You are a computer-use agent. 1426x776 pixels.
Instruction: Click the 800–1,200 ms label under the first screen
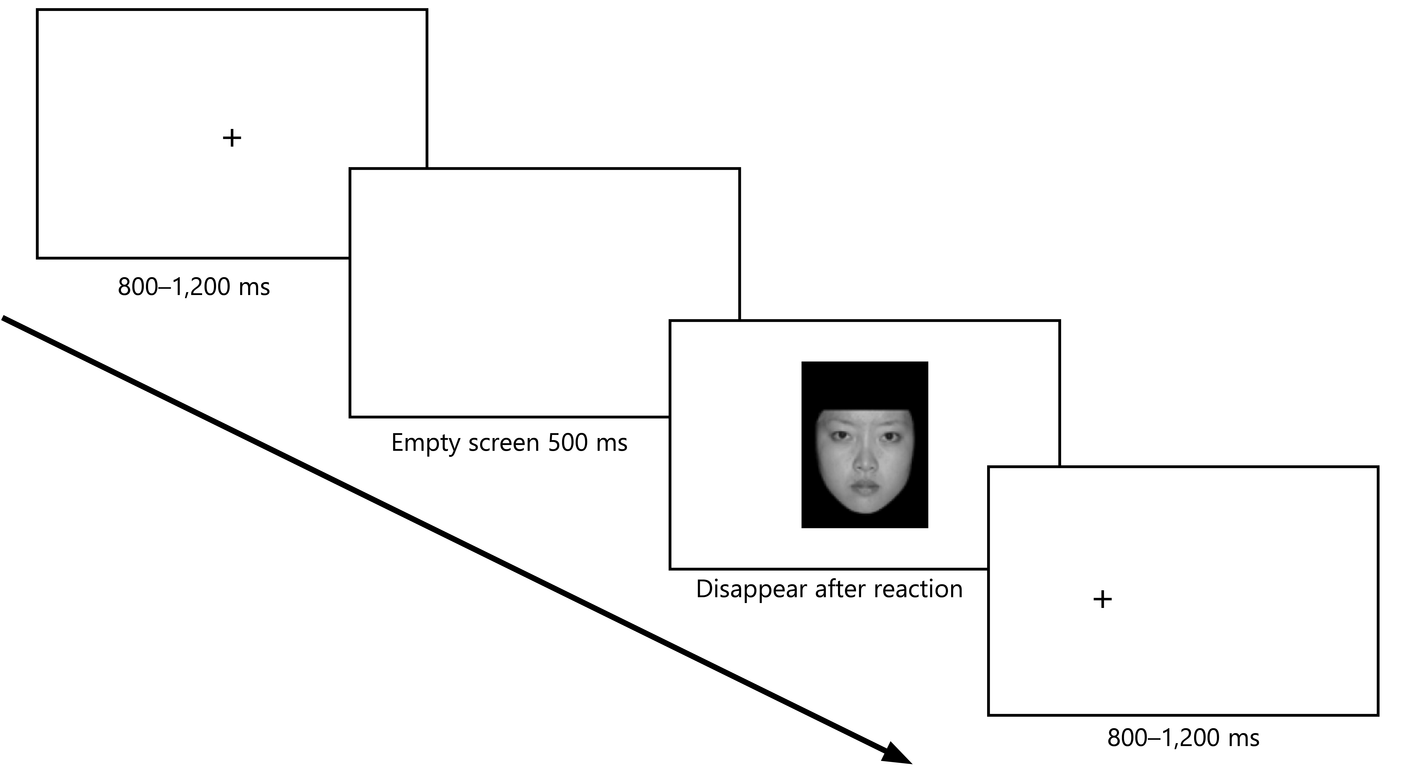194,287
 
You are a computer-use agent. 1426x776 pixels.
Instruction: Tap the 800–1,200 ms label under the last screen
1183,738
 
